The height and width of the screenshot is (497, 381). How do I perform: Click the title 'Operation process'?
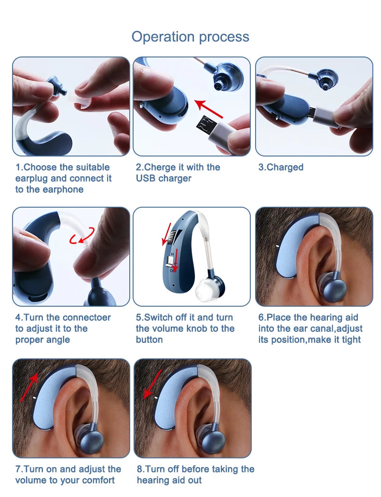pyautogui.click(x=190, y=37)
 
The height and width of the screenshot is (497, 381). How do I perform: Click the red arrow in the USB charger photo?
pyautogui.click(x=208, y=109)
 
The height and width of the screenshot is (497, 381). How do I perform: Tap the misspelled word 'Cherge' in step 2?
pyautogui.click(x=159, y=167)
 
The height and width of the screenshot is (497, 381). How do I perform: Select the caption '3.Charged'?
pyautogui.click(x=281, y=167)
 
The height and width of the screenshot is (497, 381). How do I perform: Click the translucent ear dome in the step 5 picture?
pyautogui.click(x=204, y=289)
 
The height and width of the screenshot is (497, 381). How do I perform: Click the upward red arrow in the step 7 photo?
pyautogui.click(x=29, y=387)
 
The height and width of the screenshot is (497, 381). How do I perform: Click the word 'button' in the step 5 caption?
pyautogui.click(x=150, y=340)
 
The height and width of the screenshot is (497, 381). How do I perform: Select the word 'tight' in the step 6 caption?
pyautogui.click(x=351, y=340)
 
